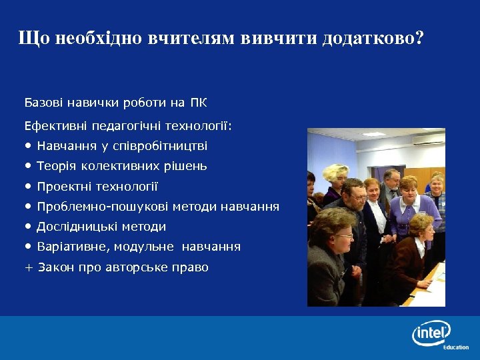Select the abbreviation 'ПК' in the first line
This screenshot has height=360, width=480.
tap(199, 103)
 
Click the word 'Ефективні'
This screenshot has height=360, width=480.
tap(54, 125)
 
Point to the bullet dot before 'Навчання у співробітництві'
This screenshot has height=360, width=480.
tap(28, 145)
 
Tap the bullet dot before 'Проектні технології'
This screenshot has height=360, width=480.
tap(28, 186)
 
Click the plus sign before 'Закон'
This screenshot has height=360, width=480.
tap(28, 267)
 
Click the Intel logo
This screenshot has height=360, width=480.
tap(431, 332)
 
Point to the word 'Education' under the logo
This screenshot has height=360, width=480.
tap(455, 347)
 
